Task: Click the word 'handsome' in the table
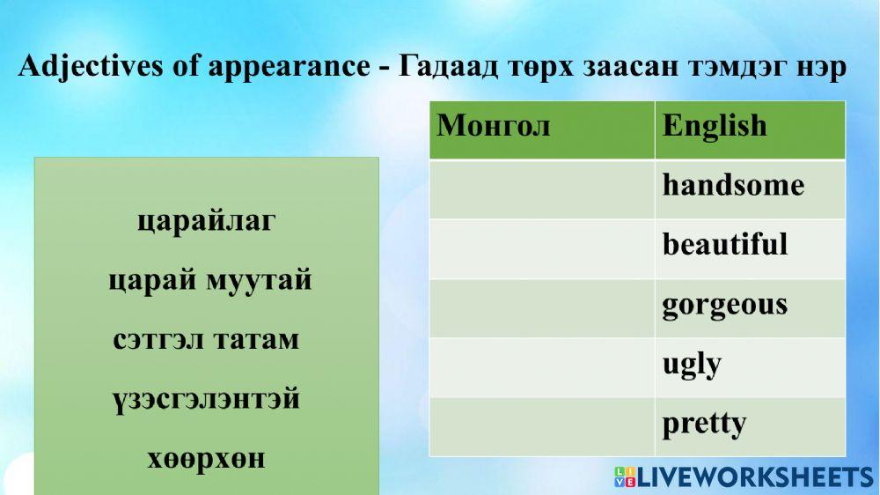[x=733, y=186]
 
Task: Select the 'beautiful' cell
[x=725, y=245]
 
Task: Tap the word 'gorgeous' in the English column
[x=724, y=305]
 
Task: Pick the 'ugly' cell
[x=692, y=364]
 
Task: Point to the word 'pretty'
[x=704, y=424]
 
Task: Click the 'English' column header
[x=715, y=126]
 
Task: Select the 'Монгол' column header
[x=494, y=126]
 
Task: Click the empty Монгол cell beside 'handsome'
[x=541, y=189]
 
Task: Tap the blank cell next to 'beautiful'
[x=541, y=249]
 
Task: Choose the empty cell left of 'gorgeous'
[x=541, y=308]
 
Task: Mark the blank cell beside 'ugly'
[x=541, y=367]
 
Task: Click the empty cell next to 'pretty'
[x=541, y=426]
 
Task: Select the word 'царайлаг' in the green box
[x=207, y=220]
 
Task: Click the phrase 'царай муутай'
[x=210, y=281]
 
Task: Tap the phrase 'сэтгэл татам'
[x=207, y=340]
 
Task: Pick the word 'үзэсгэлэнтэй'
[x=207, y=400]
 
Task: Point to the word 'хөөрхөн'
[x=207, y=459]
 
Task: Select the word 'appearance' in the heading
[x=289, y=68]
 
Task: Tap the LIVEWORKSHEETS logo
[x=744, y=477]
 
